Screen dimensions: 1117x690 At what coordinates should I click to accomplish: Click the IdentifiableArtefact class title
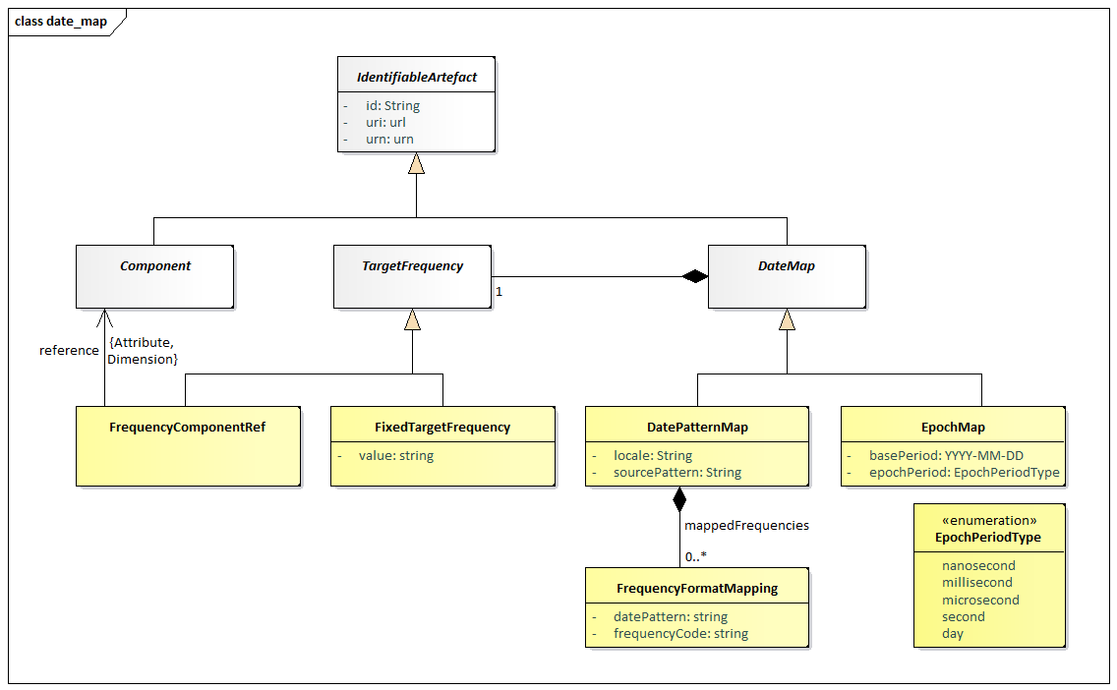pos(417,77)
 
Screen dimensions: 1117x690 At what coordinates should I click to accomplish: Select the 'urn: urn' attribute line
pos(389,139)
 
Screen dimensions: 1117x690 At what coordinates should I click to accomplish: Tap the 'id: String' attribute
pos(392,105)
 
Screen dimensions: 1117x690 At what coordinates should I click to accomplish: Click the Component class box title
pos(155,265)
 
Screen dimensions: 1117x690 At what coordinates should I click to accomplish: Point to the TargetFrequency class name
pos(412,265)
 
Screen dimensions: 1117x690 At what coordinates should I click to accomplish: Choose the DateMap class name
pos(787,265)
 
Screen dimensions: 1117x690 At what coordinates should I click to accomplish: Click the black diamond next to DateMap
pos(694,276)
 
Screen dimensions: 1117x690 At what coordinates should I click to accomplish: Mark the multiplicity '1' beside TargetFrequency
pos(499,291)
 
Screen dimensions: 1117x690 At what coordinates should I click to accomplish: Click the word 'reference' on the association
pos(69,350)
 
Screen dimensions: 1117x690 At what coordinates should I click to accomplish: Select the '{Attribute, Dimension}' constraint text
pos(143,351)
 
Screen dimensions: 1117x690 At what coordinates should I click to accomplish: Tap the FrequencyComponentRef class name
pos(188,428)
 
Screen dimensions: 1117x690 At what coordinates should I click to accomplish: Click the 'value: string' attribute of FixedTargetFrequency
pos(396,456)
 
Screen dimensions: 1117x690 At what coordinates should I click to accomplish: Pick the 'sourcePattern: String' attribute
pos(677,472)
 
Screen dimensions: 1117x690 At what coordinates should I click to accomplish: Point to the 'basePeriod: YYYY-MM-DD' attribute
pos(946,456)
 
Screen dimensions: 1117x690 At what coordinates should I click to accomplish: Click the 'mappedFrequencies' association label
pos(746,526)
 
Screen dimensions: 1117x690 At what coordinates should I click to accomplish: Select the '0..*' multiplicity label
pos(696,557)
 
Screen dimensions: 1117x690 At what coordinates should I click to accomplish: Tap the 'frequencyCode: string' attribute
pos(681,634)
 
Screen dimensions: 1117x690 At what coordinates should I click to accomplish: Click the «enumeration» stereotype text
pos(989,521)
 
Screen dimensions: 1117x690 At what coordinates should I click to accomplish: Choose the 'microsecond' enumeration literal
pos(980,601)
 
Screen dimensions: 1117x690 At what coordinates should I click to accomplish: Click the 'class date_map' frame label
pos(61,22)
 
